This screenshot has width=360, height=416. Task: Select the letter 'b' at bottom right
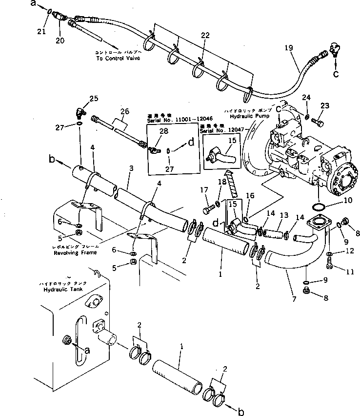tap(240, 412)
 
